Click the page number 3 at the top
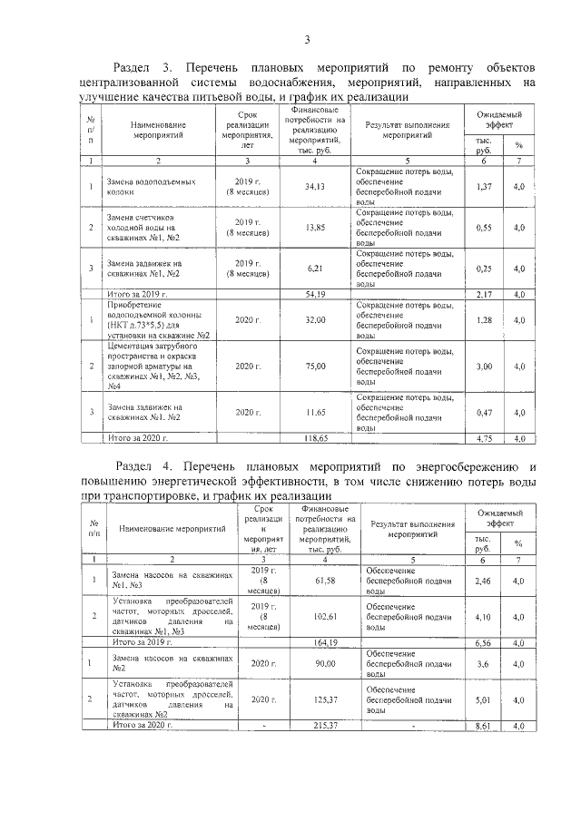(307, 38)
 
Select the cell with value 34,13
(314, 187)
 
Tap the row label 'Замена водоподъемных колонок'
(151, 187)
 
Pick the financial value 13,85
(314, 227)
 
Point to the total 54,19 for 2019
(314, 294)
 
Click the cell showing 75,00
(314, 365)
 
